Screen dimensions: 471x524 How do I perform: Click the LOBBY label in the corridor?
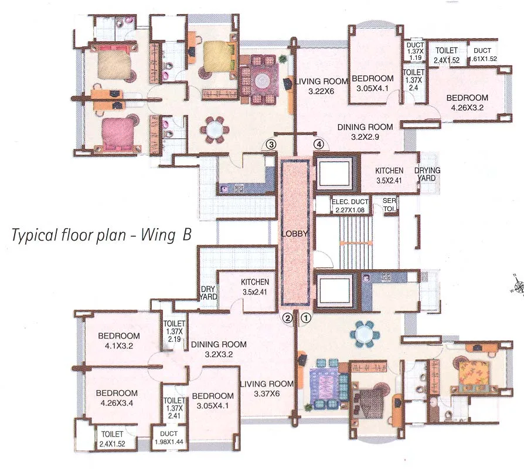pyautogui.click(x=294, y=233)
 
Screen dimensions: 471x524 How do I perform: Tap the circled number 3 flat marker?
pyautogui.click(x=270, y=144)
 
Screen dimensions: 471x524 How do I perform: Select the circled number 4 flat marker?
pyautogui.click(x=319, y=144)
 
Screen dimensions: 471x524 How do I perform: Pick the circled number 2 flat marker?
pyautogui.click(x=287, y=318)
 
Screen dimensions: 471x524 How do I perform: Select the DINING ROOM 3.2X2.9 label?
pyautogui.click(x=364, y=131)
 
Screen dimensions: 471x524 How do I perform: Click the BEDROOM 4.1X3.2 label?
pyautogui.click(x=119, y=340)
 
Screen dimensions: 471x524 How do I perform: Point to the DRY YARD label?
pyautogui.click(x=209, y=293)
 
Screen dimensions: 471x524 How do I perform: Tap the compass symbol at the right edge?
pyautogui.click(x=518, y=286)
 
